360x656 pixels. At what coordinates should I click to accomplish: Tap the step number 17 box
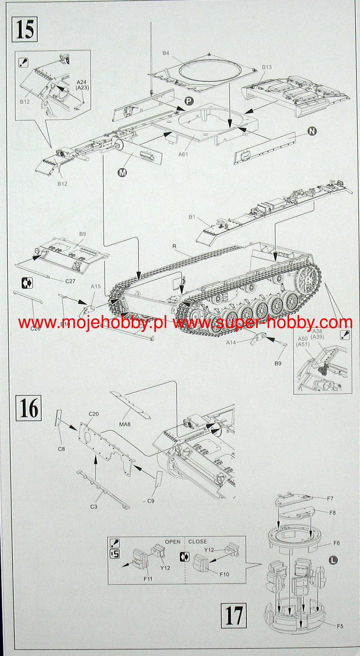point(234,615)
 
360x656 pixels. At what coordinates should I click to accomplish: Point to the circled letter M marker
point(122,172)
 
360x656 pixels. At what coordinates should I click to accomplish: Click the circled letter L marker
point(333,560)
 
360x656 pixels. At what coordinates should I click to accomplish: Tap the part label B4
point(166,53)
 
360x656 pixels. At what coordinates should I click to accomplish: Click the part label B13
point(267,67)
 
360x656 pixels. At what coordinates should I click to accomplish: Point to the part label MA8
point(125,424)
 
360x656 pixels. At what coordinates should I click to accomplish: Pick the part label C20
point(93,414)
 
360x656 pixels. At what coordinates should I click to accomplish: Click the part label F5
point(340,626)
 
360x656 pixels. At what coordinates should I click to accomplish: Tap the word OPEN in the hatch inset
point(172,542)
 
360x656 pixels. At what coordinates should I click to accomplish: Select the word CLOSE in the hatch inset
point(198,542)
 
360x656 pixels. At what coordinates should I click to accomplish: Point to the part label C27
point(70,281)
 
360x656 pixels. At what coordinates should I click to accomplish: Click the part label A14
point(231,342)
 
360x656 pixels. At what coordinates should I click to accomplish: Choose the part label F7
point(330,499)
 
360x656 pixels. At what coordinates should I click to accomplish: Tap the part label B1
point(192,217)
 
